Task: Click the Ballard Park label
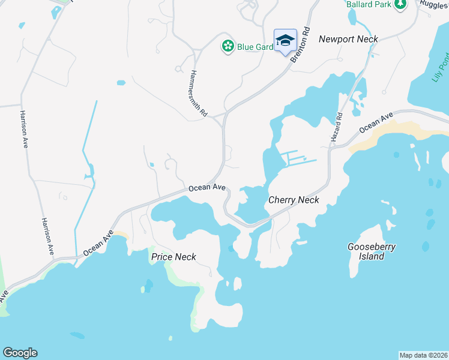click(x=367, y=4)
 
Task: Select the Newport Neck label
click(x=348, y=39)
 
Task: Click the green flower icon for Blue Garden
click(x=228, y=46)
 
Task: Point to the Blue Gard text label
click(x=255, y=46)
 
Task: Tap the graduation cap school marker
click(x=285, y=41)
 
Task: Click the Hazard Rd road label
click(x=336, y=127)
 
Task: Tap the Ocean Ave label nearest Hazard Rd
click(x=376, y=122)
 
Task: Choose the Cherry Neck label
click(x=294, y=200)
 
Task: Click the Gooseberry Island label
click(x=372, y=251)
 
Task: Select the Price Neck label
click(x=173, y=257)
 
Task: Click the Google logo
click(x=20, y=353)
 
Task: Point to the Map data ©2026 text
click(x=423, y=355)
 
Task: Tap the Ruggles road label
click(x=434, y=4)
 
